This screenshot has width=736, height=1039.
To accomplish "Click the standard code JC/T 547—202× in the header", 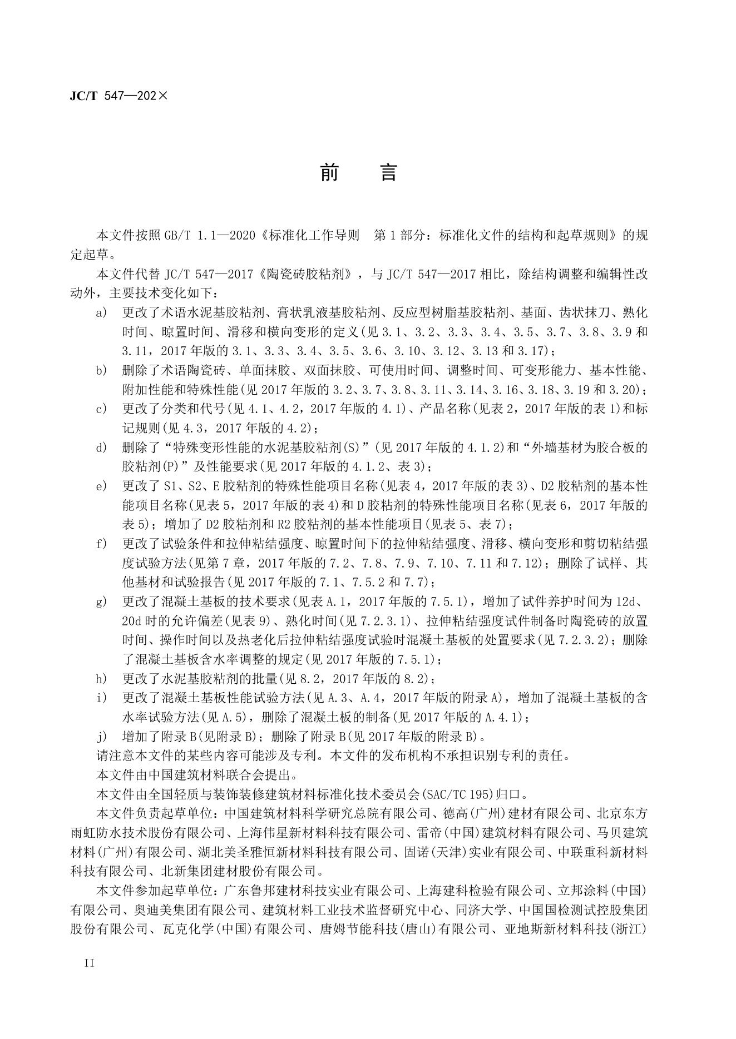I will tap(118, 96).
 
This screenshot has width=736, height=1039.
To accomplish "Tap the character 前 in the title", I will tap(330, 173).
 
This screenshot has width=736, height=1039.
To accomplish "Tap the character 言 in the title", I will tap(388, 173).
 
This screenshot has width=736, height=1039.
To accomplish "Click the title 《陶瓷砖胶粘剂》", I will tap(317, 274).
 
